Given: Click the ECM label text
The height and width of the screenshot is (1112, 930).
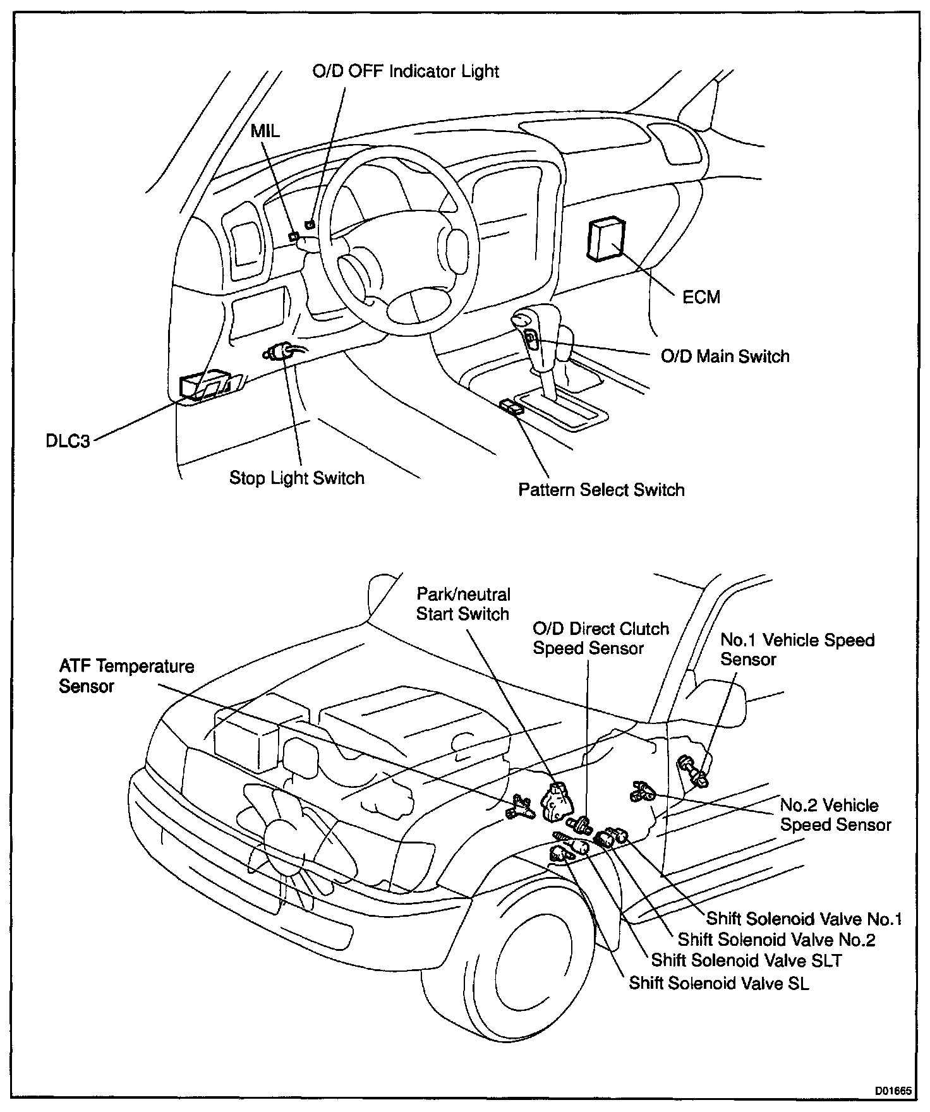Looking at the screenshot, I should point(701,296).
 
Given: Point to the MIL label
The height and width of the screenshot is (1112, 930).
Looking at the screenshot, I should point(265,131).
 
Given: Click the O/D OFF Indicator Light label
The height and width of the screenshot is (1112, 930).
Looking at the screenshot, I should point(406,71).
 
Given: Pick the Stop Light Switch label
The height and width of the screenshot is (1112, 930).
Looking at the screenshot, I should point(296,478).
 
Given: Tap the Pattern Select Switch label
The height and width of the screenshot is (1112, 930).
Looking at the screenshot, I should point(601,490).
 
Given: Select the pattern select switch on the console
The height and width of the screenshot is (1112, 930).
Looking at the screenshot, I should point(512,407).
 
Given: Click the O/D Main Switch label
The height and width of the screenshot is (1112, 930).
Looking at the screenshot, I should point(725,356).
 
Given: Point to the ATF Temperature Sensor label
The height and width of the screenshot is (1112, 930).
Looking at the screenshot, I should point(126,676).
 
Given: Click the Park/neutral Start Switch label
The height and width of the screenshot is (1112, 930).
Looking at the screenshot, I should point(462,604).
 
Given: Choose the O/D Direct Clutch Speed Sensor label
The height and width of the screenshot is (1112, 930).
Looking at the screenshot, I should point(600,638).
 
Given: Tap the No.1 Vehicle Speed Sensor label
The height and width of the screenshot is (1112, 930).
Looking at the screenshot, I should point(797,650).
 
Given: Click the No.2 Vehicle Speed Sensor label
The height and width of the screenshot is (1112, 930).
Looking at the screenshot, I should point(835,814).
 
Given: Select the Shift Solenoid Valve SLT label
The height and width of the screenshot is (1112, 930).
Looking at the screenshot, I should point(746,960).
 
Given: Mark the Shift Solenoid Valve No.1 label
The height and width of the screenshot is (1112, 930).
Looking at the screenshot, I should point(804,919).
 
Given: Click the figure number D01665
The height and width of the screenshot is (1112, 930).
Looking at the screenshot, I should point(891,1091).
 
